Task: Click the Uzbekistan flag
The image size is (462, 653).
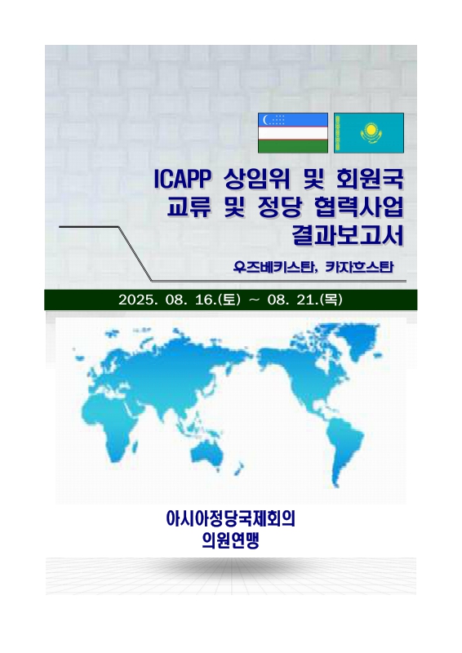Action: pyautogui.click(x=293, y=133)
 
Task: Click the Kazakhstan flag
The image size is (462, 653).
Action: pyautogui.click(x=369, y=133)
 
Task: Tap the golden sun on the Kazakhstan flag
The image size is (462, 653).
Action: pyautogui.click(x=371, y=131)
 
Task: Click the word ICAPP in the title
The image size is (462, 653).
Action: pyautogui.click(x=180, y=176)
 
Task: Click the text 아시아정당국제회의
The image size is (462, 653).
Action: pyautogui.click(x=231, y=518)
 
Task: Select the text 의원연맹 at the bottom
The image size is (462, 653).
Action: pyautogui.click(x=231, y=540)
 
